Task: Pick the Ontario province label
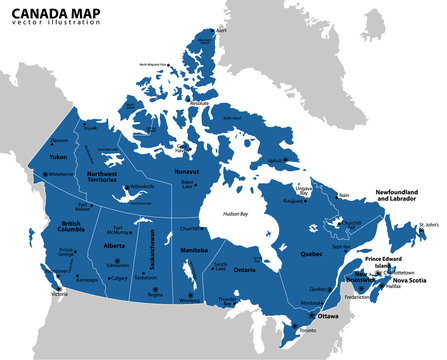tap(245, 270)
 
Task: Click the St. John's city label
tap(429, 224)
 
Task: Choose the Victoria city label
tap(60, 295)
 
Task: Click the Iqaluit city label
tap(278, 159)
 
